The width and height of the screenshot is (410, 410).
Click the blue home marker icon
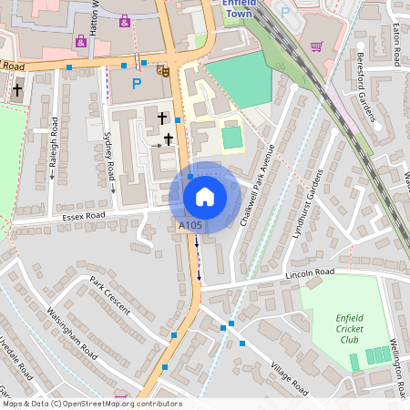[204, 197]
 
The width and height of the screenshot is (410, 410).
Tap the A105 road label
[190, 225]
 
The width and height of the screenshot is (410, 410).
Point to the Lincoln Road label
[311, 272]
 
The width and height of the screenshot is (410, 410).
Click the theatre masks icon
[163, 69]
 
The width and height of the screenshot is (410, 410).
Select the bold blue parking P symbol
[137, 85]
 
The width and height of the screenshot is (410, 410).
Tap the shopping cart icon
[316, 46]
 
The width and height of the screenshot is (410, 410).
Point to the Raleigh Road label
[54, 148]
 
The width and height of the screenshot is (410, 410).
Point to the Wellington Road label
[397, 355]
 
